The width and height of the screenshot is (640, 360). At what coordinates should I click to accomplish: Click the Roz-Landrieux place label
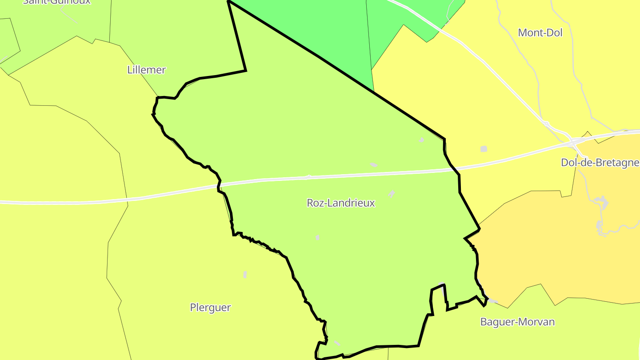point(341,203)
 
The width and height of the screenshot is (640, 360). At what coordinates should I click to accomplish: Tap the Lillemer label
point(146,70)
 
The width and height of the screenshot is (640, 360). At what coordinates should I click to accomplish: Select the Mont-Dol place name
point(540,32)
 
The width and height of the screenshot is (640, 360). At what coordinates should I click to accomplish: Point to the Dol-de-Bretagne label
point(600,163)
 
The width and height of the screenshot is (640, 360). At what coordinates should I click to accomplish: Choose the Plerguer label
point(210,308)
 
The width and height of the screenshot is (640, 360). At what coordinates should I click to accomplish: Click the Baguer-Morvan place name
point(517,322)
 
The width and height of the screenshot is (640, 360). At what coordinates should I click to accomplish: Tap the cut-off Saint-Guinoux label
point(56,1)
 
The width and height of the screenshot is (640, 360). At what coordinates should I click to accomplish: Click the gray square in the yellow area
point(484,149)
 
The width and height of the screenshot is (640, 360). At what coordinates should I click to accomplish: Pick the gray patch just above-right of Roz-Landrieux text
point(392,193)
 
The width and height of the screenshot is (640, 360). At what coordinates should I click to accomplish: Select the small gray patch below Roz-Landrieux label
point(317,237)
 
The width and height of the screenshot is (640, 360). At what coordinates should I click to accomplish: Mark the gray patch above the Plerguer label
point(245,274)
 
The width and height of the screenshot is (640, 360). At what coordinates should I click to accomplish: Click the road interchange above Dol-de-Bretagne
point(573,141)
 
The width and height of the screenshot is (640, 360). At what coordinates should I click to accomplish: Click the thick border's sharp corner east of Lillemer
point(246,70)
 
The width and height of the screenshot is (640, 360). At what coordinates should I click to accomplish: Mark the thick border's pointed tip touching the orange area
point(480,229)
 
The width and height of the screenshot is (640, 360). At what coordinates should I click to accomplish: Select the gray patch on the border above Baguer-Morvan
point(492,301)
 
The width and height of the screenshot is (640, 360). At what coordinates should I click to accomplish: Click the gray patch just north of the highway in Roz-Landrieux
point(373,165)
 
